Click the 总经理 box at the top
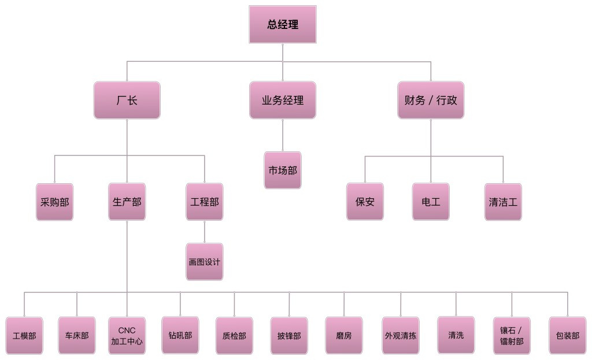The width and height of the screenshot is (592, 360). coord(283,24)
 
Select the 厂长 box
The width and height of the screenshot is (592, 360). coord(127,100)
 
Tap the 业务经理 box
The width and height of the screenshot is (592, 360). coord(283,100)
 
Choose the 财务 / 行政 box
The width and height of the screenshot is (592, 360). coord(431,100)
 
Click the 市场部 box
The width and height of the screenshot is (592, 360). coord(283,170)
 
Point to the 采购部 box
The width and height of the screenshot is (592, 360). coord(55,202)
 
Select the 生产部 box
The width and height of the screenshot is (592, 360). coord(127,202)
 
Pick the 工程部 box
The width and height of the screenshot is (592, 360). coord(205,202)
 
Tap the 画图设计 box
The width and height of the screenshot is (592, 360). coord(205,262)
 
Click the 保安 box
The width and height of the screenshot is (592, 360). coord(365,202)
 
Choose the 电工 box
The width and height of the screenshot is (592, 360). coord(431,202)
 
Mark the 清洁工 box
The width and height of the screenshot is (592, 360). coord(503,202)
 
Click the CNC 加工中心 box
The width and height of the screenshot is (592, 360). coord(127,335)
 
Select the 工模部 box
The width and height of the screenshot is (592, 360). coord(24,335)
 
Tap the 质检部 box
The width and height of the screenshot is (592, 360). coord(234,335)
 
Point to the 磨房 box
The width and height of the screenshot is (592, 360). coord(343,335)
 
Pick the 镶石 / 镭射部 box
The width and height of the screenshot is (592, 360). coord(512,335)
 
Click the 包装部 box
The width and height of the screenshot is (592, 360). coord(567,335)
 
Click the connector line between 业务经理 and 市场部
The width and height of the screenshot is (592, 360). coord(283,135)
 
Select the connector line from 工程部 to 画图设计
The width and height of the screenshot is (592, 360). coord(205,232)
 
